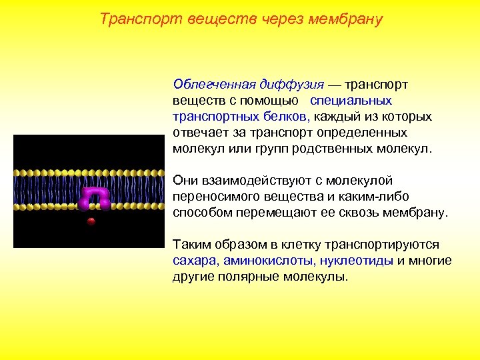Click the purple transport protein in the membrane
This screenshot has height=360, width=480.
[x=95, y=197]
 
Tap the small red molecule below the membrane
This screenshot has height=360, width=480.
[x=91, y=221]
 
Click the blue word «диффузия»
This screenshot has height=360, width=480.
[x=292, y=85]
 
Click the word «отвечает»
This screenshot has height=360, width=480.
[x=197, y=132]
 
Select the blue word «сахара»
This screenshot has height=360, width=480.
[x=194, y=261]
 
